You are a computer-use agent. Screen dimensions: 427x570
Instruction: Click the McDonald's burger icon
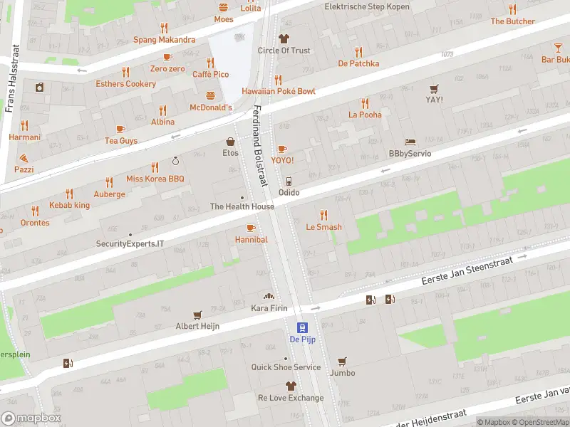(x=210, y=95)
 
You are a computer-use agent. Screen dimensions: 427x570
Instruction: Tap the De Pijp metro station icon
(x=303, y=327)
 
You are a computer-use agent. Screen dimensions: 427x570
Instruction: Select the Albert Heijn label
(x=197, y=326)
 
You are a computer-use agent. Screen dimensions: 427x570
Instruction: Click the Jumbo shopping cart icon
(x=342, y=361)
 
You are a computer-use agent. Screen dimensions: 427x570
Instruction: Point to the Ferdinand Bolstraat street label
(x=260, y=147)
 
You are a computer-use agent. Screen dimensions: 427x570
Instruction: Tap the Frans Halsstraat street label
(x=10, y=80)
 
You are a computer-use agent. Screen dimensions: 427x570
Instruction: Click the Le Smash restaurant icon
(x=323, y=214)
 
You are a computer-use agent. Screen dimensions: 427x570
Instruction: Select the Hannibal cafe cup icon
(x=250, y=228)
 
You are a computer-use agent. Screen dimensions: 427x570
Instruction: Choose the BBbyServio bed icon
(x=410, y=142)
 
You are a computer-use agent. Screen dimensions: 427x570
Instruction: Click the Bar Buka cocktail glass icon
(x=557, y=48)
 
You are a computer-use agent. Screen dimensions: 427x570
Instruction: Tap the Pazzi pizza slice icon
(x=24, y=157)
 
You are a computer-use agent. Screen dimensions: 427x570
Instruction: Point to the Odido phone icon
(x=289, y=181)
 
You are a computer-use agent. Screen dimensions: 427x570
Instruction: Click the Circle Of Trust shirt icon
(x=284, y=38)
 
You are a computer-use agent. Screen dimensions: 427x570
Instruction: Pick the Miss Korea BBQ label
(x=155, y=179)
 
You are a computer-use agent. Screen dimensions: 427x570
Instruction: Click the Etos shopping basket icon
(x=230, y=142)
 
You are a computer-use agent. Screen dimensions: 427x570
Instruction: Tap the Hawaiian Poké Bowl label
(x=278, y=91)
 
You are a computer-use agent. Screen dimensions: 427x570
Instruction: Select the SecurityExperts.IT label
(x=130, y=243)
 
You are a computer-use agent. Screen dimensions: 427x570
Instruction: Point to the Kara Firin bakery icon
(x=269, y=296)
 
